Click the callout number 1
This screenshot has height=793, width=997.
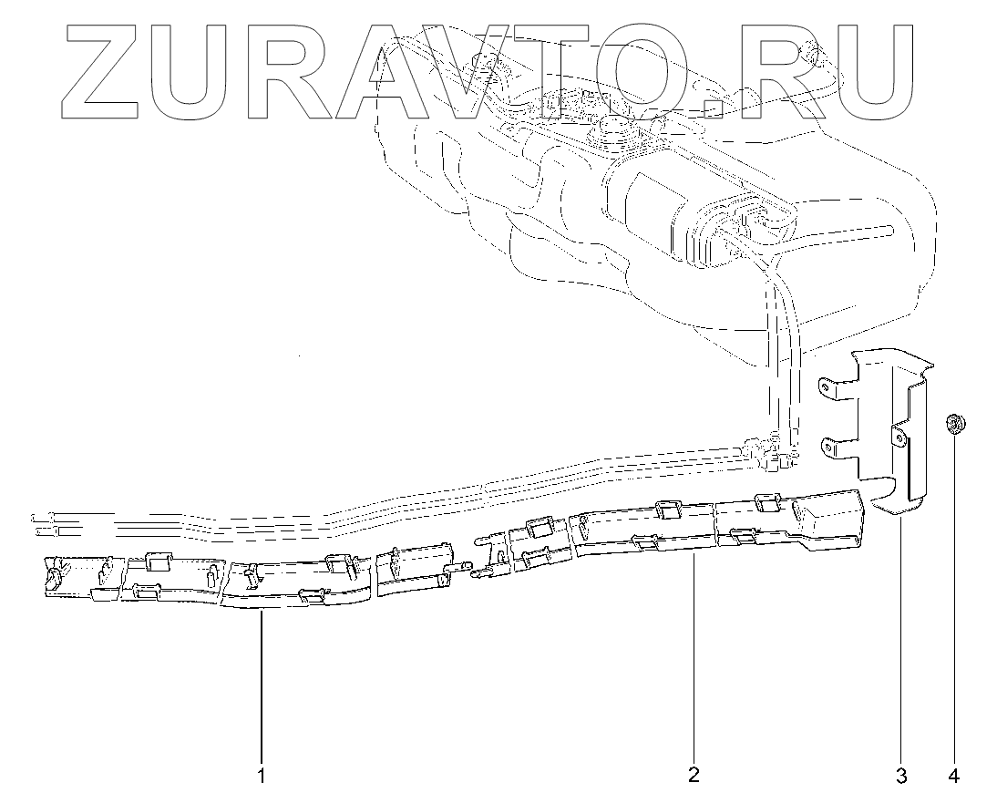[x=262, y=776]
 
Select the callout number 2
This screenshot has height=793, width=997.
[x=694, y=775]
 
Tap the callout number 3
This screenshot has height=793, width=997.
[x=901, y=776]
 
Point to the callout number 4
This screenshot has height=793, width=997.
[x=953, y=776]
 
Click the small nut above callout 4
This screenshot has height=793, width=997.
[x=952, y=423]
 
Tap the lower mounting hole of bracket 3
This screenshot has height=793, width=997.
[x=830, y=446]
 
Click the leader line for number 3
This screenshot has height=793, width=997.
[x=901, y=638]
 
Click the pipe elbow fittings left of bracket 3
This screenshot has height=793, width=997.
[x=770, y=452]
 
